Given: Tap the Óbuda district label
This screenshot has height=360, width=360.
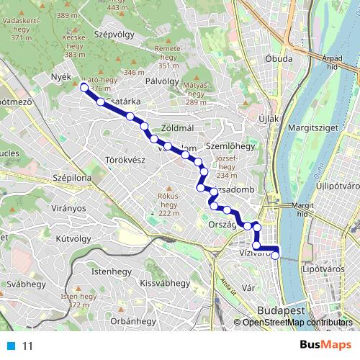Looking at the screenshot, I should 278,58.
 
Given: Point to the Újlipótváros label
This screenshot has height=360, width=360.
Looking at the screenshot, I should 336,185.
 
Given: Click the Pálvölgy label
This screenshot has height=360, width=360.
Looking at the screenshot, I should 161,81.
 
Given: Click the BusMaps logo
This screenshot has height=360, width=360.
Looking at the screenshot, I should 321,345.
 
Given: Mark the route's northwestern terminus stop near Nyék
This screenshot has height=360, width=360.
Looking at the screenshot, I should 84,88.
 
